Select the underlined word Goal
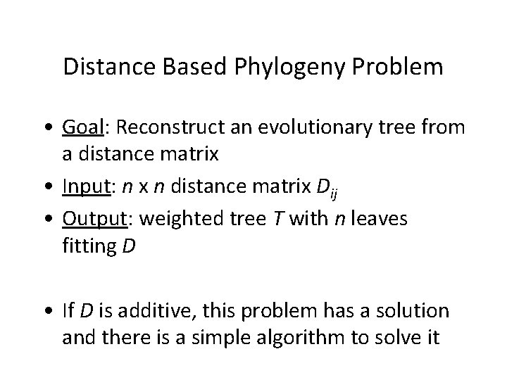[x=103, y=127]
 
